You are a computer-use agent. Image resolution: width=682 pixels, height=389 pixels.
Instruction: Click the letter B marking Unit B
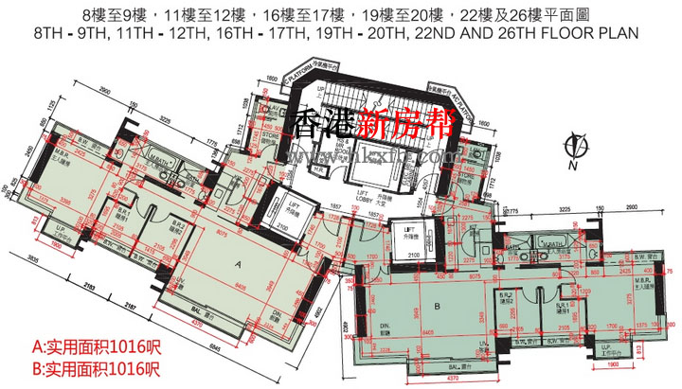439,306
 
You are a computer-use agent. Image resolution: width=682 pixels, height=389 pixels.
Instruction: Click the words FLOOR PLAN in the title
592,32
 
